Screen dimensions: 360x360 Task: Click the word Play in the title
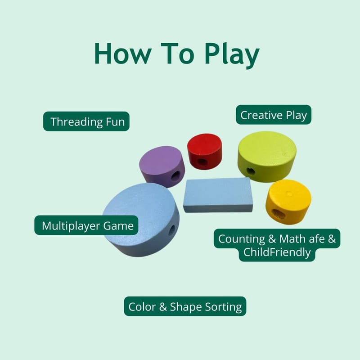(x=232, y=54)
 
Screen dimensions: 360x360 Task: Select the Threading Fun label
(x=86, y=121)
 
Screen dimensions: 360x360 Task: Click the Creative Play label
(x=274, y=115)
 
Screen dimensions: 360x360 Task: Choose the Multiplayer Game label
(x=86, y=225)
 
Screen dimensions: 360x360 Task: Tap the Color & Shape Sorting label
(x=185, y=306)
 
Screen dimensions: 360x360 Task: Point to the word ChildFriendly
(x=277, y=252)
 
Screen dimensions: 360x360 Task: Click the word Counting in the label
(x=242, y=239)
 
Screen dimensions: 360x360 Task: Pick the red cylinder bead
(x=204, y=151)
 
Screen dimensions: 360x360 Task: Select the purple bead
(x=162, y=166)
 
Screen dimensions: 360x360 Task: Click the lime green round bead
(x=267, y=156)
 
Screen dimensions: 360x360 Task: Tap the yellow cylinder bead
(x=288, y=202)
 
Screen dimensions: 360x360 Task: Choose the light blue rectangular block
(x=218, y=195)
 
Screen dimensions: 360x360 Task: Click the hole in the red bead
(x=202, y=162)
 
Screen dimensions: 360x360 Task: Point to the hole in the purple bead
(x=175, y=176)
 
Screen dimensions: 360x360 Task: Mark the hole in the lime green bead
(x=251, y=171)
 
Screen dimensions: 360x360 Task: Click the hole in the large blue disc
(x=172, y=230)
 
